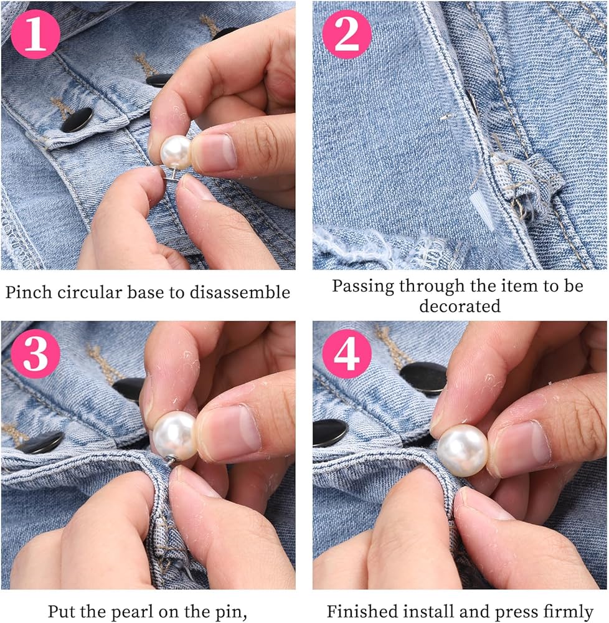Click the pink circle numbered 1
coord(35,34)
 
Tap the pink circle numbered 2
coord(347,34)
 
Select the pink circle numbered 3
coord(35,354)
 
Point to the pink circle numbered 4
coord(347,354)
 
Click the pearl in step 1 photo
coord(176,151)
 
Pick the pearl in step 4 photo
coord(463,450)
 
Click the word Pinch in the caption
coord(29,292)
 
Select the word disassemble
coord(239,292)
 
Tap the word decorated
coord(460,306)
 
